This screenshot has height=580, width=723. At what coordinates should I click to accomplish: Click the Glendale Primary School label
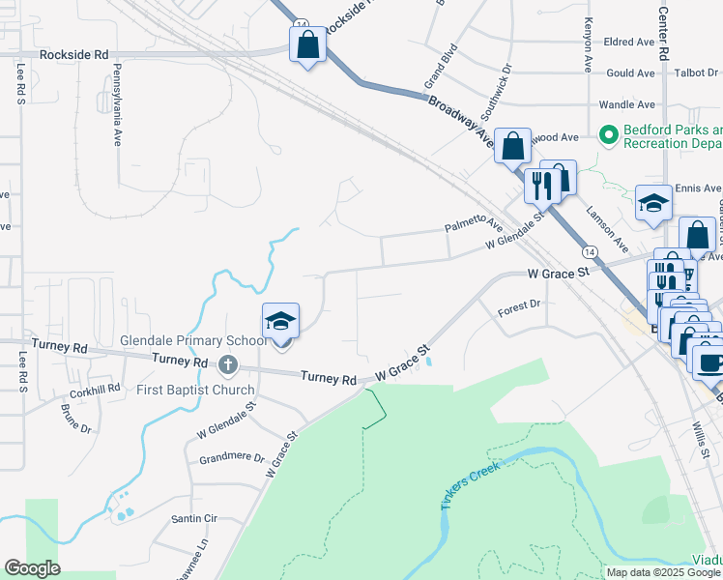[193, 341]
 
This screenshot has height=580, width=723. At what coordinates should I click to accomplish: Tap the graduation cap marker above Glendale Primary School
[280, 321]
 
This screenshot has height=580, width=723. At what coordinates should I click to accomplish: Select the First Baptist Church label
[195, 391]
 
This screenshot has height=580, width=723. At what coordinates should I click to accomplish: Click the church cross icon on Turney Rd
[227, 364]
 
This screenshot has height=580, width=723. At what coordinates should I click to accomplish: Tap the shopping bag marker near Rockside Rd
[307, 45]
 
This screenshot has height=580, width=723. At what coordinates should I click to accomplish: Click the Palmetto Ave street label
[474, 226]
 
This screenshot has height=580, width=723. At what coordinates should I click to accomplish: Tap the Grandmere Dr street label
[232, 458]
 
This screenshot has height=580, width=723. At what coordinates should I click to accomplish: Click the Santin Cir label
[193, 519]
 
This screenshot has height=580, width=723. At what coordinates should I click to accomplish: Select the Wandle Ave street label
[627, 104]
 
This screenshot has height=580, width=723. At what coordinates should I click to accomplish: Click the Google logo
[33, 568]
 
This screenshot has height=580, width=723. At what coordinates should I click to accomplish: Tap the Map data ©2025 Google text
[662, 572]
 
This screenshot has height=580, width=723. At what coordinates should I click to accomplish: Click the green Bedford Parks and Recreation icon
[609, 135]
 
